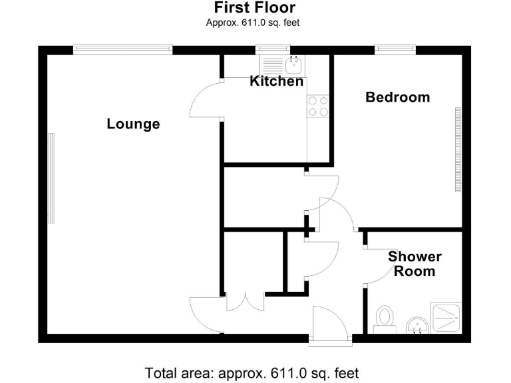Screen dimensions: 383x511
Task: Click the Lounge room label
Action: click(x=133, y=124)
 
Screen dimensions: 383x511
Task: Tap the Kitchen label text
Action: click(x=276, y=82)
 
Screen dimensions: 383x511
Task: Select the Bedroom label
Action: click(x=398, y=97)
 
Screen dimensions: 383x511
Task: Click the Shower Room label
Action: click(x=415, y=264)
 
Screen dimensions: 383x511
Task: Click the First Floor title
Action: click(x=255, y=8)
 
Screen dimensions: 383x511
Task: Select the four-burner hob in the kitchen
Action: click(x=317, y=106)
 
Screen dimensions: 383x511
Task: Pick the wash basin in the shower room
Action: click(x=417, y=324)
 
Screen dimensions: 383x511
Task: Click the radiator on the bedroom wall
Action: click(x=457, y=150)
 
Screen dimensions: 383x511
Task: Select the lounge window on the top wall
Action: click(x=122, y=48)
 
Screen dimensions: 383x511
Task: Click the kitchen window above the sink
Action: click(x=273, y=48)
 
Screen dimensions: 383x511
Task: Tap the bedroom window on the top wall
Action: click(x=395, y=48)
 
